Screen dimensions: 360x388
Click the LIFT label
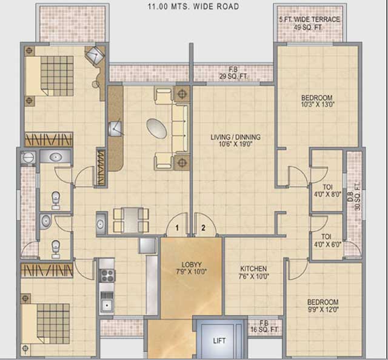click(x=219, y=341)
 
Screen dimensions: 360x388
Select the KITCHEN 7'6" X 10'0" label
click(x=253, y=272)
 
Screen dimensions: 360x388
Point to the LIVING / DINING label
click(x=230, y=141)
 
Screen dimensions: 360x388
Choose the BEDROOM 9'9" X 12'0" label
click(x=323, y=305)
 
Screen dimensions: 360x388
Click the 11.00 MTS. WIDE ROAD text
click(x=193, y=7)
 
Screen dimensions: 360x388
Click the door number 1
click(x=177, y=228)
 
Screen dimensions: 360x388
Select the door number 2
click(x=204, y=228)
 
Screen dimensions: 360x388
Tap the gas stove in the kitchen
click(x=107, y=275)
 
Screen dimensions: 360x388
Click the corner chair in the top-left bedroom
click(x=95, y=56)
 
